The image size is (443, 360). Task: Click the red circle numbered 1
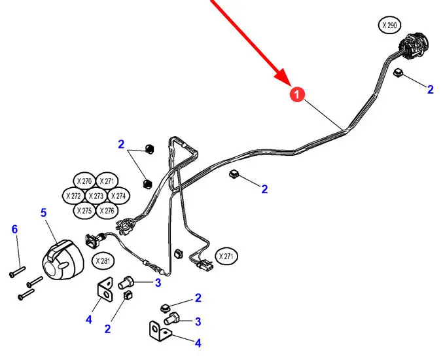(x=297, y=96)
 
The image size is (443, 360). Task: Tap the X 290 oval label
(x=391, y=26)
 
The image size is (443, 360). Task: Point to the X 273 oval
(x=96, y=196)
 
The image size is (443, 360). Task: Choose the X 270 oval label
(x=84, y=181)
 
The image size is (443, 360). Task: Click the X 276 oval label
(x=108, y=211)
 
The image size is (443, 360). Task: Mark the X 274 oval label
(x=118, y=196)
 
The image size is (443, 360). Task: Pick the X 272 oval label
(x=73, y=196)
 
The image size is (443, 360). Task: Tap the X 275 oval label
(x=84, y=211)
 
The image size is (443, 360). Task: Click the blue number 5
(x=44, y=213)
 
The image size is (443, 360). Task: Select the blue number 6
(x=14, y=229)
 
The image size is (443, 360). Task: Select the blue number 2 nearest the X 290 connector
(x=430, y=90)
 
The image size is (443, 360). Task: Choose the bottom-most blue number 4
(x=198, y=342)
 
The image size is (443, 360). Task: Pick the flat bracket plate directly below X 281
(x=105, y=291)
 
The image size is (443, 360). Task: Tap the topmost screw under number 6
(x=18, y=268)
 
